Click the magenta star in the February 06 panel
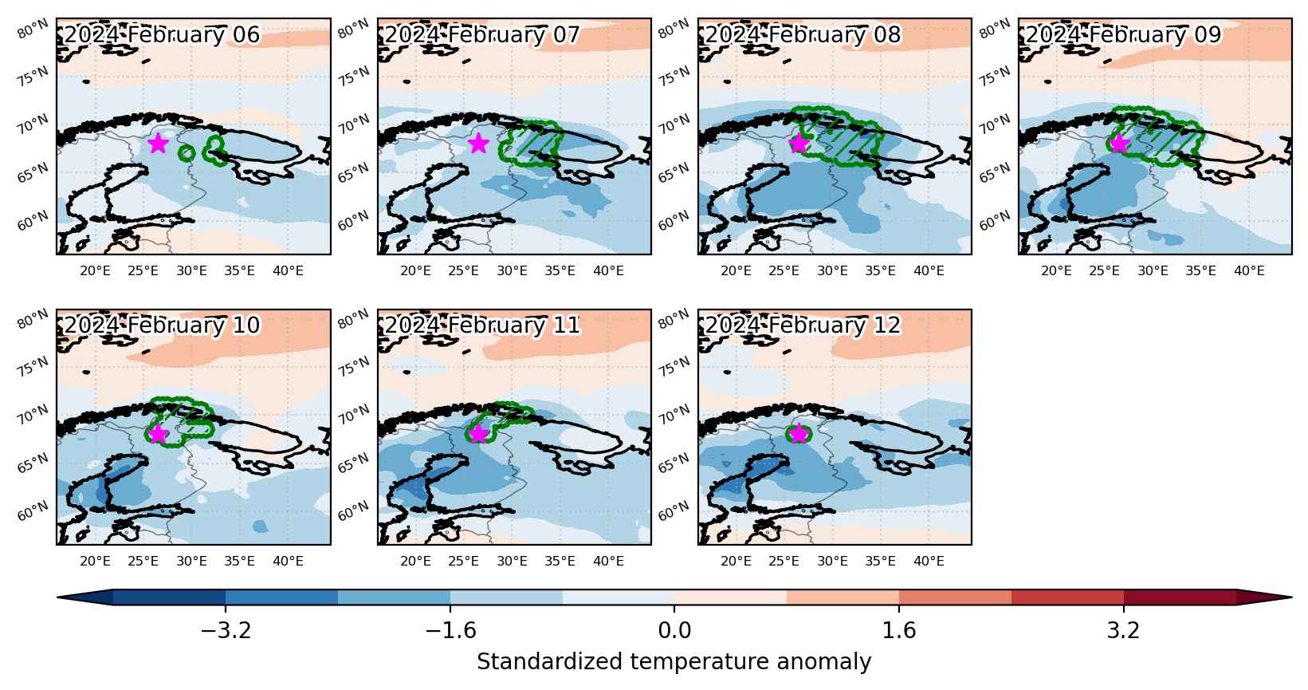pyautogui.click(x=159, y=143)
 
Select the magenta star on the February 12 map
pyautogui.click(x=798, y=433)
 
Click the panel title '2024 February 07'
pyautogui.click(x=482, y=34)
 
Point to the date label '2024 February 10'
pyautogui.click(x=162, y=325)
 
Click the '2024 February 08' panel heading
pyautogui.click(x=803, y=34)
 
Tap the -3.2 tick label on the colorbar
pyautogui.click(x=226, y=630)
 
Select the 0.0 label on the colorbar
pyautogui.click(x=674, y=630)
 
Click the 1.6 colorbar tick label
pyautogui.click(x=898, y=630)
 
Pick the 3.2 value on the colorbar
pyautogui.click(x=1124, y=630)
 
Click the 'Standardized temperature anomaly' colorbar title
pyautogui.click(x=674, y=662)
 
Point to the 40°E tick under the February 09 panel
pyautogui.click(x=1249, y=271)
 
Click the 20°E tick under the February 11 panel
pyautogui.click(x=416, y=562)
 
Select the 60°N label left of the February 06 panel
pyautogui.click(x=33, y=221)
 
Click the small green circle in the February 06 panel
pyautogui.click(x=187, y=154)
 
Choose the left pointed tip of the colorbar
pyautogui.click(x=57, y=597)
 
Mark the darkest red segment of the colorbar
pyautogui.click(x=1180, y=597)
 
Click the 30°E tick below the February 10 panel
pyautogui.click(x=191, y=562)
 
